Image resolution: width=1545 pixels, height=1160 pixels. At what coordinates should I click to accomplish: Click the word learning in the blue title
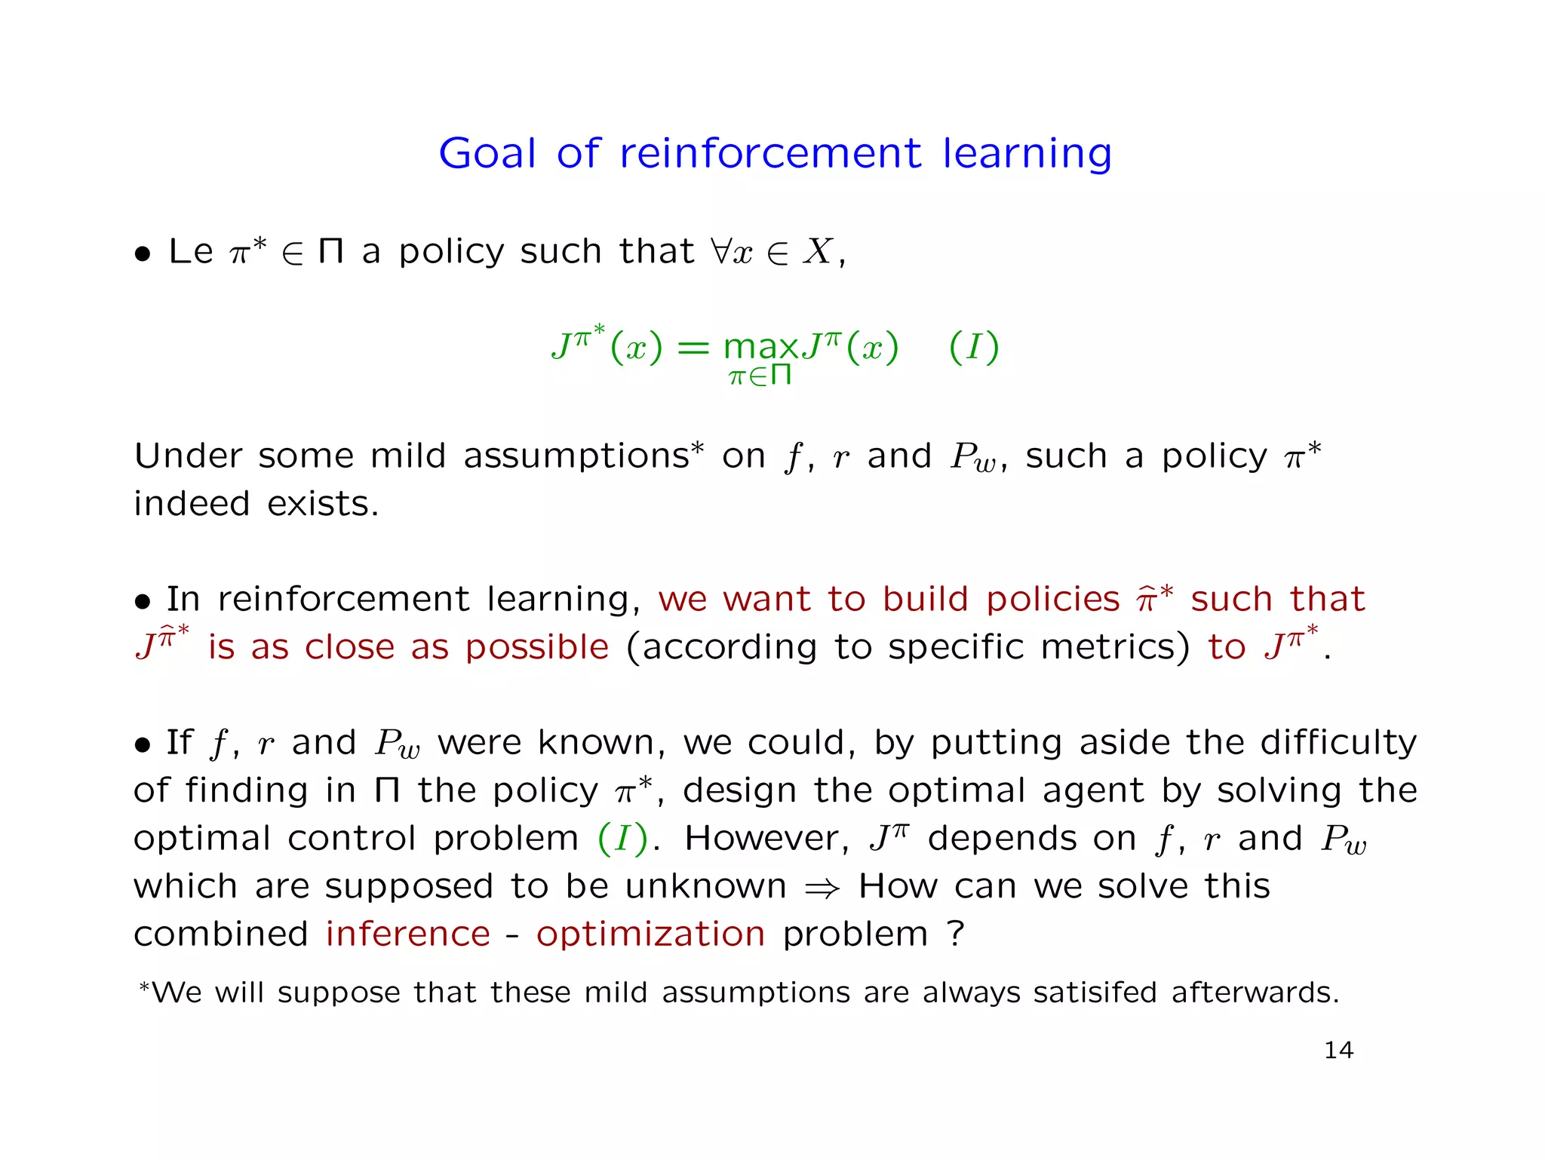pyautogui.click(x=1027, y=155)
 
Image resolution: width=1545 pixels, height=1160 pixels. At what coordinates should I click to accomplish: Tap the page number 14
pyautogui.click(x=1338, y=1050)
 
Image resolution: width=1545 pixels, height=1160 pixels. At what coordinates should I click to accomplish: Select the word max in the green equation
pyautogui.click(x=760, y=348)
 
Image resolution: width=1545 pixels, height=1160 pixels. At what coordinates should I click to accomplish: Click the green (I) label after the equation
pyautogui.click(x=974, y=348)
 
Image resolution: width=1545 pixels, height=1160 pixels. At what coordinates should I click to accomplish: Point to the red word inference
pyautogui.click(x=408, y=934)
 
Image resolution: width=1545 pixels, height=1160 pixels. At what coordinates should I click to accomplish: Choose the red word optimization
pyautogui.click(x=650, y=934)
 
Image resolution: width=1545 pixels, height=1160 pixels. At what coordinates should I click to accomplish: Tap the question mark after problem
pyautogui.click(x=956, y=934)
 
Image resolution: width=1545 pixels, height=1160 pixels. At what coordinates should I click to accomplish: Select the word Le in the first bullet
pyautogui.click(x=190, y=251)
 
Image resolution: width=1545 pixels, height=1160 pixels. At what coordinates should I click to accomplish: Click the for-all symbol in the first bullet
pyautogui.click(x=720, y=251)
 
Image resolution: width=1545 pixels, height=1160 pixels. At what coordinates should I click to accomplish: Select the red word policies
pyautogui.click(x=1053, y=600)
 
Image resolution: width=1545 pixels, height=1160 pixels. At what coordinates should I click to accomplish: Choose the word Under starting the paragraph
pyautogui.click(x=187, y=456)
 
